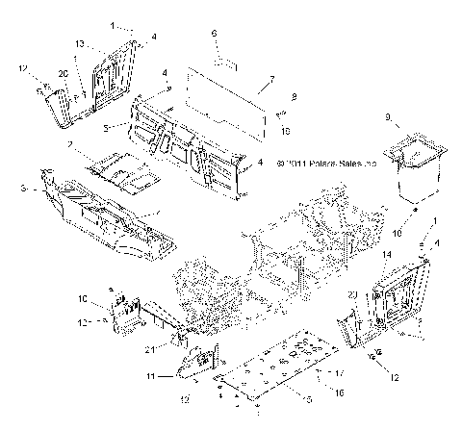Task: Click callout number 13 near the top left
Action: [81, 43]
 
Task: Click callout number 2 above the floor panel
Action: [70, 144]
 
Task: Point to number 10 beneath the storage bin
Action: [398, 232]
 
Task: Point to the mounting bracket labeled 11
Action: [197, 363]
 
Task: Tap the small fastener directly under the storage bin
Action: [413, 206]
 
